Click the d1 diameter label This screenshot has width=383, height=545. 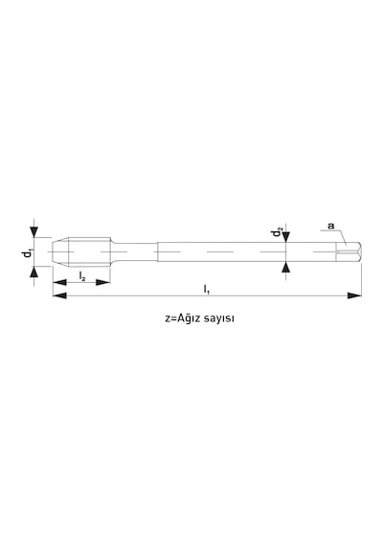click(x=27, y=253)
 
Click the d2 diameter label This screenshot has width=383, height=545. click(x=277, y=232)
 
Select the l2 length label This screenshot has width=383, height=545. click(x=82, y=276)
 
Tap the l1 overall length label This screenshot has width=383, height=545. click(x=206, y=289)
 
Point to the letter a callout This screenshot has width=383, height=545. click(x=330, y=227)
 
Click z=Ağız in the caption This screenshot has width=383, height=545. click(x=179, y=318)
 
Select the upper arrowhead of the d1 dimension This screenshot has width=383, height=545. click(x=34, y=231)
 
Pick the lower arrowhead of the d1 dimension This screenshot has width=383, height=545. click(x=34, y=272)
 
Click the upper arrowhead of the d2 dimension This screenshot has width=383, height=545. click(x=286, y=237)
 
